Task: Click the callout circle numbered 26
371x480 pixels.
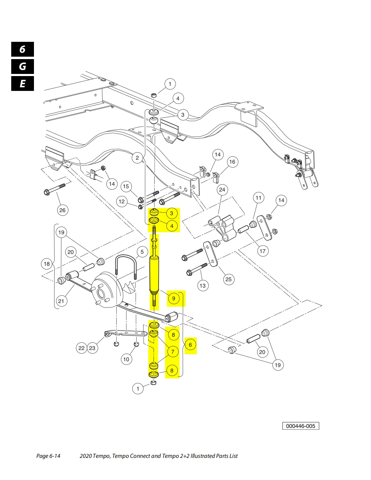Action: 62,210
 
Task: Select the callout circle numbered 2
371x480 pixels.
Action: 137,158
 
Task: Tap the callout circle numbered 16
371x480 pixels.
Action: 232,162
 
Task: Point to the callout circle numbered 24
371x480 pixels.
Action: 222,190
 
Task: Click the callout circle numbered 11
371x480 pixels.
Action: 258,198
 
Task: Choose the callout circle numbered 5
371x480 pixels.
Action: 142,252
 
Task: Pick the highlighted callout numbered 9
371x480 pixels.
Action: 173,298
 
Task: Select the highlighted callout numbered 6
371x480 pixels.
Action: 190,345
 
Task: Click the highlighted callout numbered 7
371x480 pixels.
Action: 173,352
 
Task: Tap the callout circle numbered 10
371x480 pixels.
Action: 126,359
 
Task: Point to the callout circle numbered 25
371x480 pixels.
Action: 228,279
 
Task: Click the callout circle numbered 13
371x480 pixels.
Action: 202,285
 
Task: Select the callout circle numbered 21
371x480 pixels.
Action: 61,301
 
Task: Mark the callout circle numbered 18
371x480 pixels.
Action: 47,264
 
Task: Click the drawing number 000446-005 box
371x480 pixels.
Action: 300,426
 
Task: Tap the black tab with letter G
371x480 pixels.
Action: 22,66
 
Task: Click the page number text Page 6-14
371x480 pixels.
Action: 48,456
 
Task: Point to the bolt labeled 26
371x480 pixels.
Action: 55,189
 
